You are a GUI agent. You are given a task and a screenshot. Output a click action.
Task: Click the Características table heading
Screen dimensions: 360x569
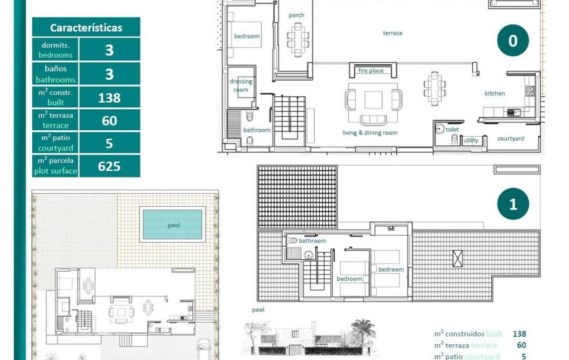[x=86, y=28]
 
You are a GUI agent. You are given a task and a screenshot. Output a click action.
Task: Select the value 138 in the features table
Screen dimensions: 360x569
[x=109, y=98]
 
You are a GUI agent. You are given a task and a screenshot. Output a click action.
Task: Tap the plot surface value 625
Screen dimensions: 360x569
[x=109, y=166]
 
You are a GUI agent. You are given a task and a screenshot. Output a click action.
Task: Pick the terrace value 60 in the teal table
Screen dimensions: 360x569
[x=109, y=120]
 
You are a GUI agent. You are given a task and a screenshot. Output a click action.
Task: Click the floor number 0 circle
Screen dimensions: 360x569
[x=513, y=41]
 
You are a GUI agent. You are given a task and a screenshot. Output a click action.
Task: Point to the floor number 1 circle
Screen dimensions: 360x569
[x=513, y=204]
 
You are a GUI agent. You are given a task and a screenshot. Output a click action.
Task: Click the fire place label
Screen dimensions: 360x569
[x=371, y=71]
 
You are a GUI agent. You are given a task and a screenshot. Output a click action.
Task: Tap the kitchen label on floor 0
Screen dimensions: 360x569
[x=494, y=94]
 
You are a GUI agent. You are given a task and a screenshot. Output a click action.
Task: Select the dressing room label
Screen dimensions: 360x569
[x=241, y=86]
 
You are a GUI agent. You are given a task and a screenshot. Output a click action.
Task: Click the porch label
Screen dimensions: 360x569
[x=296, y=16]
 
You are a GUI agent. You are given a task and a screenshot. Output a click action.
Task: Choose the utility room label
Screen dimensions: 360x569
[x=471, y=141]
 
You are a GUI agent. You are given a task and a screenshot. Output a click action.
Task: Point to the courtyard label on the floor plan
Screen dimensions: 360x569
[x=510, y=139]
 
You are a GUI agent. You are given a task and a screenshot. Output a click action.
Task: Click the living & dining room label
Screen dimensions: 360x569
[x=370, y=133]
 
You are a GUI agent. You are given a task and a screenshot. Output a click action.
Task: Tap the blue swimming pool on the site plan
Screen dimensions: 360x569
[x=173, y=225]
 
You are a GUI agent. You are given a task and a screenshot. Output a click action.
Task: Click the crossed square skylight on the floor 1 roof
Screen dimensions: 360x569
[x=457, y=258]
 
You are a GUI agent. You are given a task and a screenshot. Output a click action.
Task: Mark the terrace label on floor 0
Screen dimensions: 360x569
[x=393, y=33]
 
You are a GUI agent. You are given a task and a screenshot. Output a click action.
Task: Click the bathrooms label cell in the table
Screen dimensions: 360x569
[x=56, y=74]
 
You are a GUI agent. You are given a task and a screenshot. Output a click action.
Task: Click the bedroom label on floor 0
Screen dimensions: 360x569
[x=247, y=36]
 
